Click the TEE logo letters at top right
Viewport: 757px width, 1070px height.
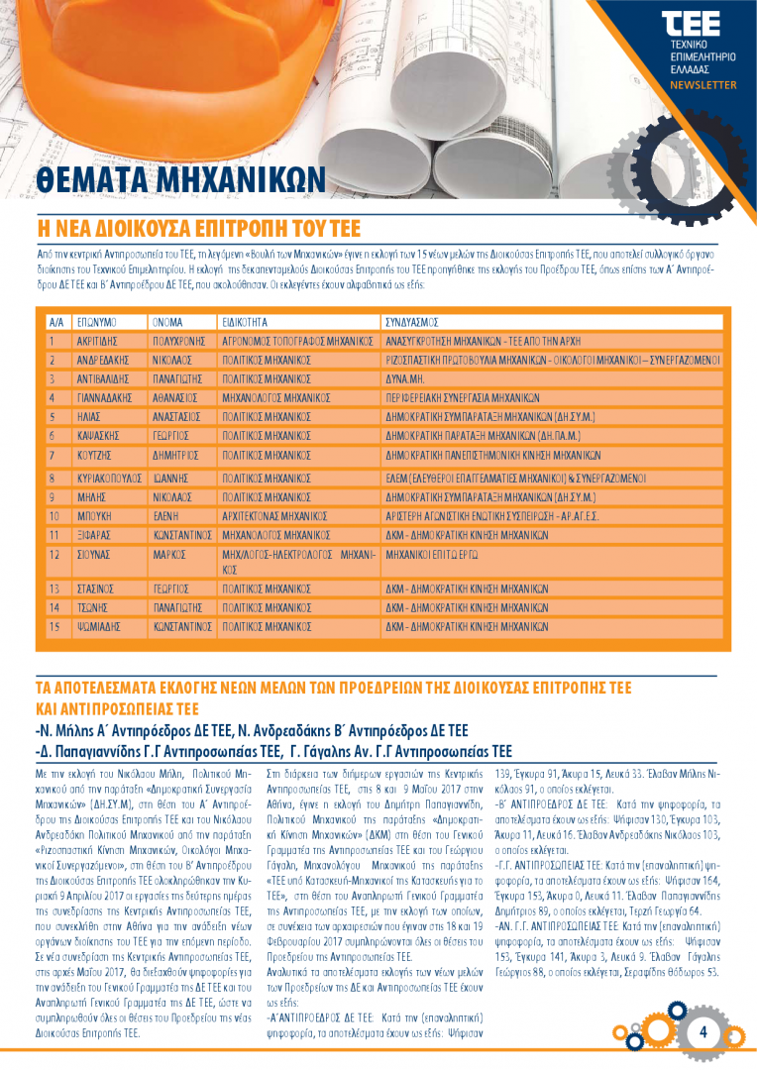coord(691,25)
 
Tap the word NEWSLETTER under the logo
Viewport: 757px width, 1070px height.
coord(703,85)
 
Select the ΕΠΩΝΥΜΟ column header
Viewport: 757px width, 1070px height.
coord(96,323)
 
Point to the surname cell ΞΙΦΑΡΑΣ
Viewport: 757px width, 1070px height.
coord(96,535)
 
